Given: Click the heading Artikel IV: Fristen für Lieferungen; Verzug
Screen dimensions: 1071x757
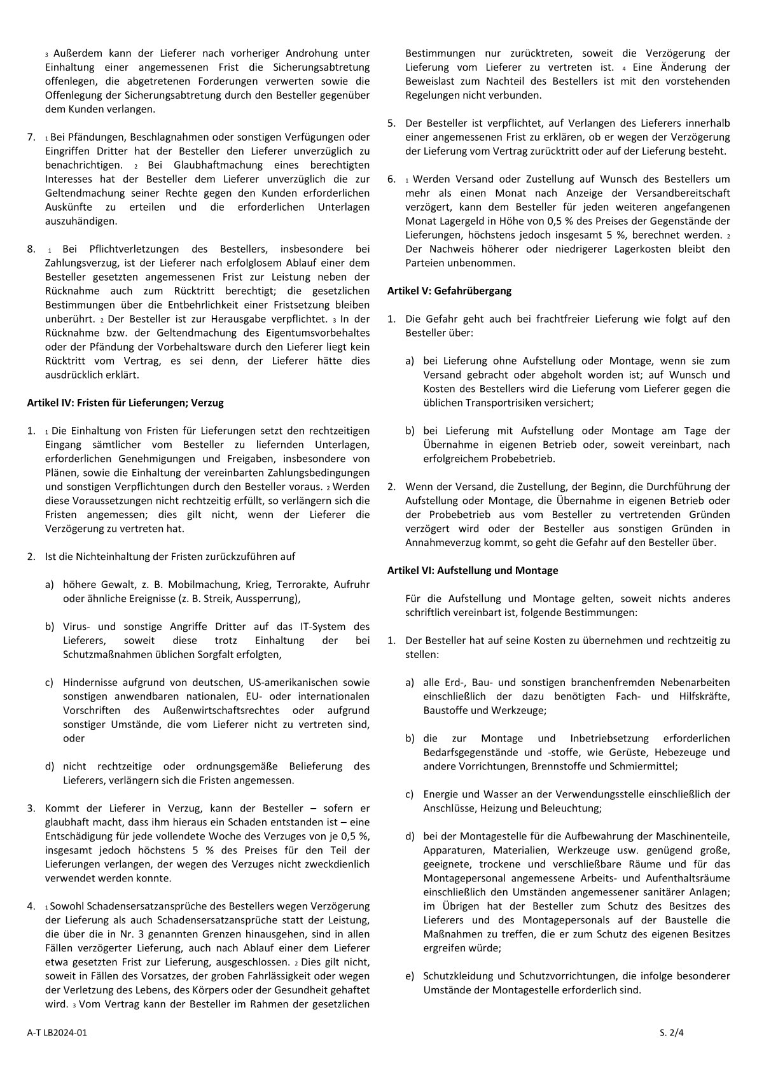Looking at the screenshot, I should [125, 403].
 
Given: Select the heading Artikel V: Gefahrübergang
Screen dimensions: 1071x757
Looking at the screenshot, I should [449, 291].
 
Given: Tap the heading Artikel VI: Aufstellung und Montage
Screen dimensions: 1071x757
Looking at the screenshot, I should [473, 570].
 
